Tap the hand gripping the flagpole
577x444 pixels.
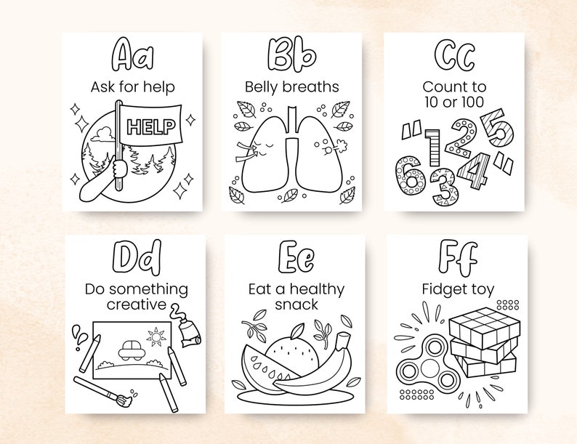(x=118, y=169)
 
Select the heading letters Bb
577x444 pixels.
(x=291, y=55)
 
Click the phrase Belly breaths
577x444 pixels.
(x=291, y=87)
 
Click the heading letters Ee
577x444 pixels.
(x=295, y=257)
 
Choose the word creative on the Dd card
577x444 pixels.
(x=137, y=304)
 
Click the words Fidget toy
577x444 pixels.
(x=458, y=289)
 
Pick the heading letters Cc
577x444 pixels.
(x=456, y=55)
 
